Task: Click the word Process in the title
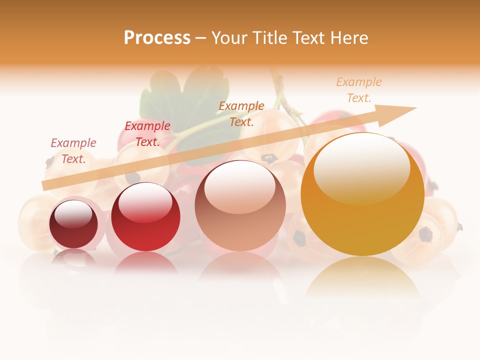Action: click(x=157, y=38)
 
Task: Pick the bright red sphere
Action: click(x=145, y=220)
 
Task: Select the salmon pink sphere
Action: click(x=240, y=210)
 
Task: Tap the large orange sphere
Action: click(x=362, y=200)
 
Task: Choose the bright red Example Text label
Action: click(x=147, y=134)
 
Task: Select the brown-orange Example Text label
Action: click(x=241, y=113)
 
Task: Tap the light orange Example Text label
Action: click(x=358, y=90)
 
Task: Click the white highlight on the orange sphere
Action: click(x=361, y=167)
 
